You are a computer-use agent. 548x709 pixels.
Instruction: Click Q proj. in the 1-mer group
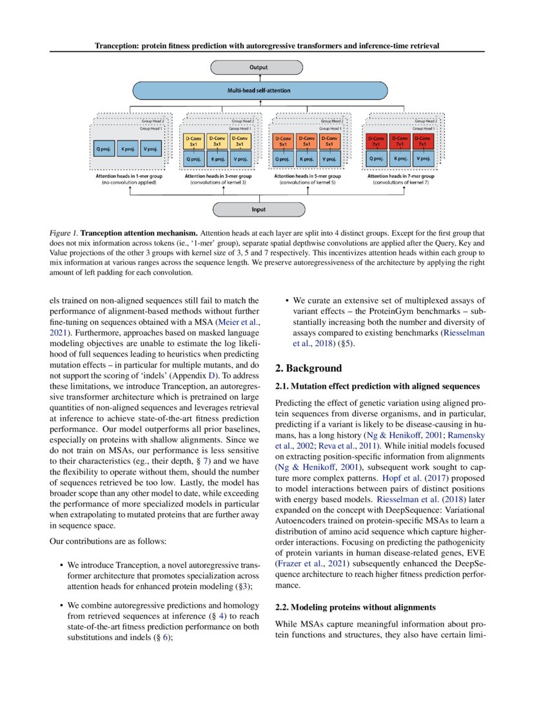click(104, 150)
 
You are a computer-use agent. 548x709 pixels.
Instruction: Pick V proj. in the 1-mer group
click(150, 150)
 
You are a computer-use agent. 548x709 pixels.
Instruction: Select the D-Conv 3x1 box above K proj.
click(217, 141)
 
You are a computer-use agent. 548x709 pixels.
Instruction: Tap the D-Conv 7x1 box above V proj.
click(423, 141)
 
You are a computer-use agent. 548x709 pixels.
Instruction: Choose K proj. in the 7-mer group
click(400, 158)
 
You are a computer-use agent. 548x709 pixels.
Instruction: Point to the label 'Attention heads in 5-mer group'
click(308, 176)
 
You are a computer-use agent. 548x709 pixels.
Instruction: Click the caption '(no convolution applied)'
click(129, 182)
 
